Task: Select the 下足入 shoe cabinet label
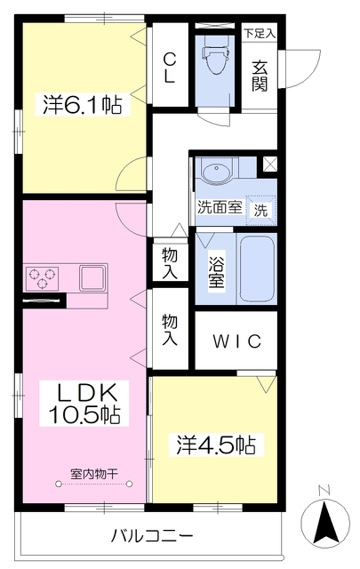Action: [260, 34]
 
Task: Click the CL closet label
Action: [169, 68]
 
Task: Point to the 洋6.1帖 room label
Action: [83, 105]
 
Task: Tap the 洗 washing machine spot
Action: [261, 210]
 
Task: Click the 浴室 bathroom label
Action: [216, 271]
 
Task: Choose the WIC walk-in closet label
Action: [236, 342]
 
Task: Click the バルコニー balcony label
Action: [152, 536]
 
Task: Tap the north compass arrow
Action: [324, 519]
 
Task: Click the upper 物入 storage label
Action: [169, 262]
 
